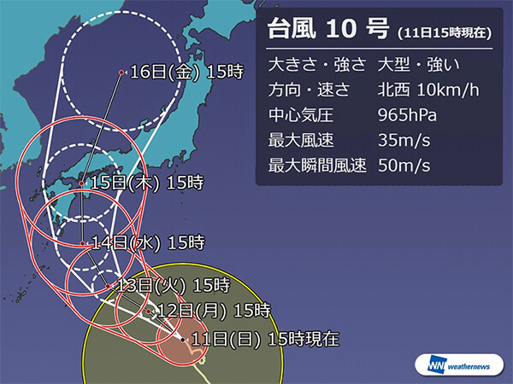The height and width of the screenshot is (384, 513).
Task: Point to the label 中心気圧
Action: (297, 113)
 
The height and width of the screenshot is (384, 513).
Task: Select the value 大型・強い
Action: (416, 62)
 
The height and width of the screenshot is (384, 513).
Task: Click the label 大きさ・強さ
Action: (317, 62)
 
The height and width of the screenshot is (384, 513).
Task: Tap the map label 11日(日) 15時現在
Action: (264, 340)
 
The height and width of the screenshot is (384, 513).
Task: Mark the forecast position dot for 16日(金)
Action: (122, 73)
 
